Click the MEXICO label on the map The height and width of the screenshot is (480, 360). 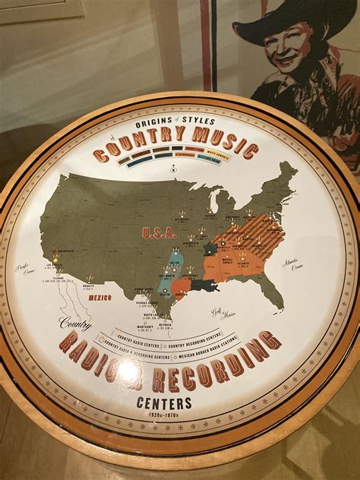[x=100, y=298]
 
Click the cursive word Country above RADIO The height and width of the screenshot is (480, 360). [x=76, y=323]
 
